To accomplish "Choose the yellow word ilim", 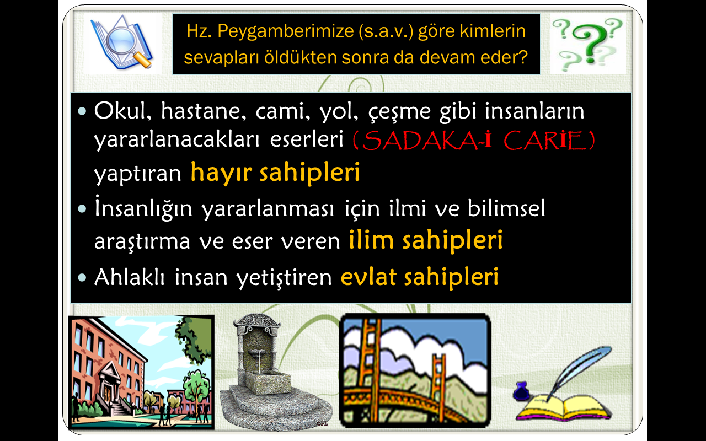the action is coord(371,239).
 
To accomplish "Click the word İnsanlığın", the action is coord(143,208).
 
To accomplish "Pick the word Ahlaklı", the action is coord(130,277).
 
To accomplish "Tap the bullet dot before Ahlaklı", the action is coord(82,277).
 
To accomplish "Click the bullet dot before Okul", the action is coord(82,111).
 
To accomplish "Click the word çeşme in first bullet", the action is coord(399,111).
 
